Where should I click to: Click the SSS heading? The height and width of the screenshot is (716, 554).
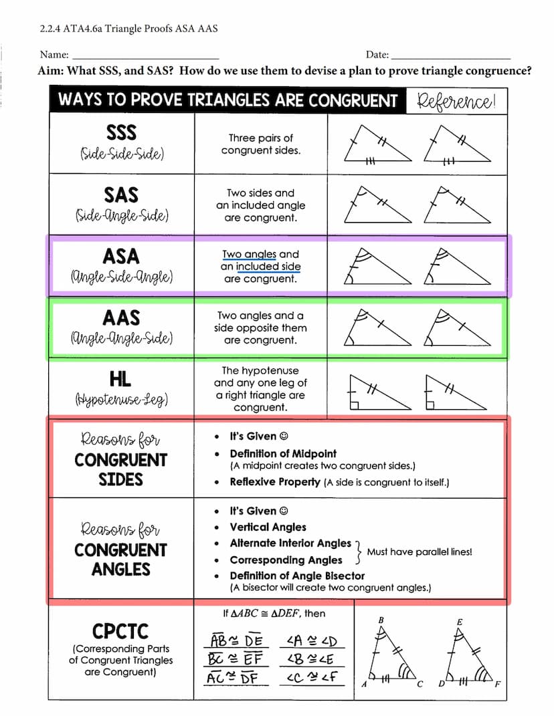coord(121,132)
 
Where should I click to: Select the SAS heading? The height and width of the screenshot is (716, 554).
coord(121,195)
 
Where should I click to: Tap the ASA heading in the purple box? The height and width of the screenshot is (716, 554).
coord(121,256)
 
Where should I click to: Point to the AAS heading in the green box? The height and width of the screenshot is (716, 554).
coord(121,318)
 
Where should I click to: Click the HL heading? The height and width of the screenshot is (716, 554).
coord(121,380)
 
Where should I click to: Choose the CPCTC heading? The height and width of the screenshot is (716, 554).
coord(120,631)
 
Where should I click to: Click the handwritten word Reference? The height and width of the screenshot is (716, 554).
coord(456,102)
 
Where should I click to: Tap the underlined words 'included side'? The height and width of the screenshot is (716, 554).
coord(268,267)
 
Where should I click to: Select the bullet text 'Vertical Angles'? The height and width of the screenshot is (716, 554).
coord(268,527)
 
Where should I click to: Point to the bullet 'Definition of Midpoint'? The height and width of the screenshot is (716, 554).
coord(283,453)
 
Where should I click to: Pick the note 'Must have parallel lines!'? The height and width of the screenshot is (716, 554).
coord(420,552)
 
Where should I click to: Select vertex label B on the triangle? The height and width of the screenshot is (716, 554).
coord(381,620)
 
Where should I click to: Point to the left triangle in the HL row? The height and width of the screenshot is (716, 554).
coord(377,394)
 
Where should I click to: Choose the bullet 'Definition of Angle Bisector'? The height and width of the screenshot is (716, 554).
coord(297,576)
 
